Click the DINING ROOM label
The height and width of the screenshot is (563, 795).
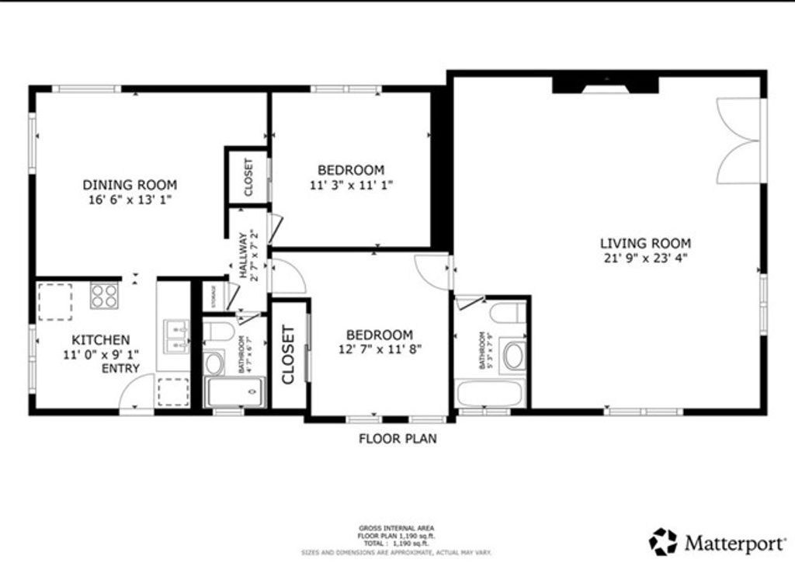[x=130, y=185]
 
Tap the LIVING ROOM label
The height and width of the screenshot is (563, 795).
[x=644, y=243]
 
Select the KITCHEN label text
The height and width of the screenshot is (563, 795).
[x=101, y=340]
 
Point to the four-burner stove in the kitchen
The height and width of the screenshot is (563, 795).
[x=104, y=295]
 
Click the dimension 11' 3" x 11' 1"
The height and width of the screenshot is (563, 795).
[x=350, y=185]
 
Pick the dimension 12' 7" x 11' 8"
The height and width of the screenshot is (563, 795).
[x=379, y=349]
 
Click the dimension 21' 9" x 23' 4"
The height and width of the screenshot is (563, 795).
[x=644, y=258]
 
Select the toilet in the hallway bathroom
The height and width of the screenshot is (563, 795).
[x=220, y=332]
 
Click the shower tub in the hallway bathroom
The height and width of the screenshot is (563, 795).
[x=234, y=392]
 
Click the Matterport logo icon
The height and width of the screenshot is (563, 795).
[x=663, y=540]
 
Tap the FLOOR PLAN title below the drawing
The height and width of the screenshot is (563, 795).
[x=397, y=439]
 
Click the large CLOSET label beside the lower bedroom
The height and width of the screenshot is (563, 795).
[x=288, y=355]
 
